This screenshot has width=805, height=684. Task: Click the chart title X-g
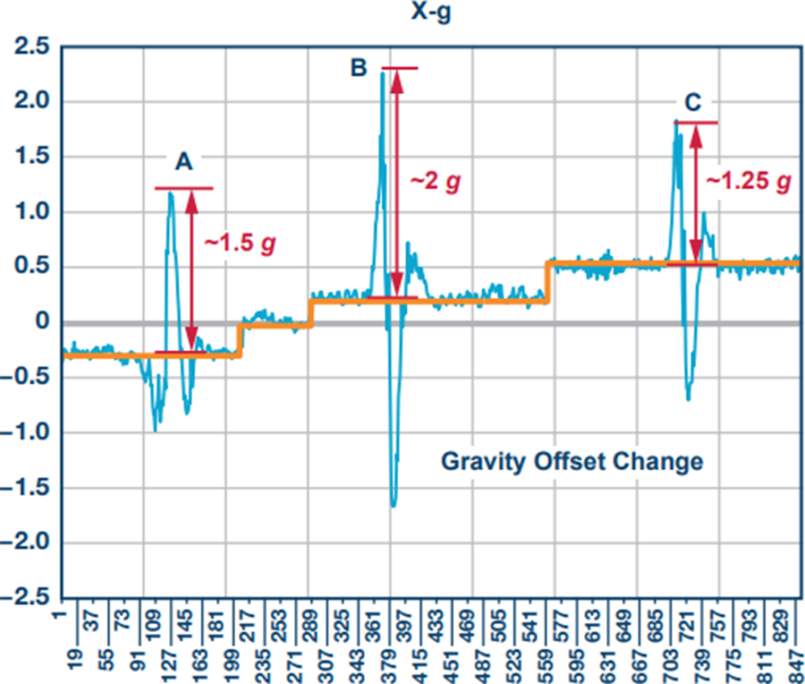click(x=431, y=12)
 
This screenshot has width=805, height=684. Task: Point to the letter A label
click(x=183, y=162)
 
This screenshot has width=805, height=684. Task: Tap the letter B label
click(x=359, y=67)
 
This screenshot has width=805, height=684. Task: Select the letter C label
click(x=693, y=102)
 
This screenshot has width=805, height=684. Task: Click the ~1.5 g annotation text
click(x=241, y=243)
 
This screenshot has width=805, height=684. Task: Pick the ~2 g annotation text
click(x=436, y=182)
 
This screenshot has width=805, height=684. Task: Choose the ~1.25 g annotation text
click(x=749, y=181)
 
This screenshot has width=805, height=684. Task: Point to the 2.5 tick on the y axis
click(x=32, y=47)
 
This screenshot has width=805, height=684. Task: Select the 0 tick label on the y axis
click(x=43, y=321)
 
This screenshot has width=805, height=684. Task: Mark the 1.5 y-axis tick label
click(x=32, y=157)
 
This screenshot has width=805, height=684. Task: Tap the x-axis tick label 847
click(x=796, y=664)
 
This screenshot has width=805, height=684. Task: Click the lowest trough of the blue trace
click(x=394, y=507)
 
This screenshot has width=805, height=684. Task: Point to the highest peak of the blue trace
click(x=383, y=73)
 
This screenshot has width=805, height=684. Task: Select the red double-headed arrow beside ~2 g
click(x=397, y=183)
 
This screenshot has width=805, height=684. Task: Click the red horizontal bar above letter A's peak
click(x=183, y=189)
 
